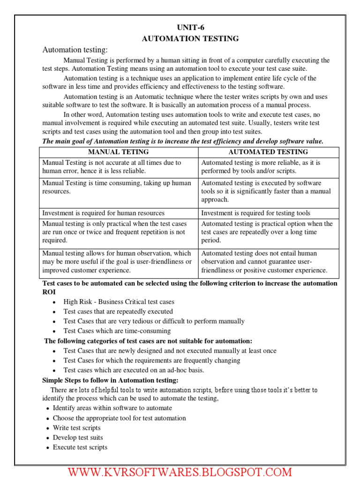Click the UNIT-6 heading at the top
pyautogui.click(x=190, y=28)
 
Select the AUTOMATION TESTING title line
pyautogui.click(x=190, y=38)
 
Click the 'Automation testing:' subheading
pyautogui.click(x=75, y=50)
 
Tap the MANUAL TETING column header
pyautogui.click(x=118, y=152)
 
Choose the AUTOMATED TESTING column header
pyautogui.click(x=268, y=152)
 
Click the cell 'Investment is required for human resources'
pyautogui.click(x=104, y=213)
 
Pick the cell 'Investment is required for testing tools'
pyautogui.click(x=255, y=213)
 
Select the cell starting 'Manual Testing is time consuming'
pyautogui.click(x=117, y=187)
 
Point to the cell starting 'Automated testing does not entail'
pyautogui.click(x=264, y=262)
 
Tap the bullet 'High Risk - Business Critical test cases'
pyautogui.click(x=119, y=302)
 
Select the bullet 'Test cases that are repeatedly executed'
pyautogui.click(x=118, y=312)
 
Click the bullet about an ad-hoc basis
pyautogui.click(x=134, y=370)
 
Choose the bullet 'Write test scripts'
pyautogui.click(x=76, y=428)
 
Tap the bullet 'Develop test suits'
pyautogui.click(x=77, y=438)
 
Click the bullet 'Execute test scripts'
pyautogui.click(x=80, y=448)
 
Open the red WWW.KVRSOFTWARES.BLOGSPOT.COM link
pyautogui.click(x=180, y=472)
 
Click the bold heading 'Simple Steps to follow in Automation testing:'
pyautogui.click(x=110, y=380)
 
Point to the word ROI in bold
pyautogui.click(x=49, y=292)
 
